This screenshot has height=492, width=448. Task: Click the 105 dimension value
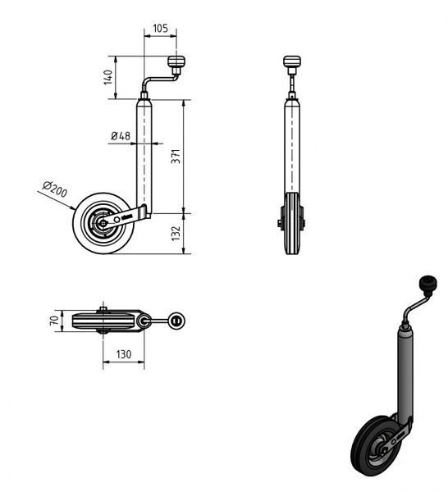click(x=161, y=29)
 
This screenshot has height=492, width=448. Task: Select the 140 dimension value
click(x=107, y=77)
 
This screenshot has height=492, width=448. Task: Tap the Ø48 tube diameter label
click(x=121, y=136)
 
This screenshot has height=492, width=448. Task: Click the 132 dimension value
click(x=176, y=234)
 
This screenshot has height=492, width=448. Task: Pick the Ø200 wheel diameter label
click(x=55, y=189)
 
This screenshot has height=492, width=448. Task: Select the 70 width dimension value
click(x=54, y=321)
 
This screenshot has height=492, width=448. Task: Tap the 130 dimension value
click(x=124, y=354)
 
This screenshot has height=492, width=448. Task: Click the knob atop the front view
click(x=291, y=61)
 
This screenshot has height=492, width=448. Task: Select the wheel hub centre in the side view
click(x=103, y=223)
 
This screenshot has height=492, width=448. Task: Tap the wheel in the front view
click(x=291, y=223)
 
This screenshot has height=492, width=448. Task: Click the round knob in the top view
click(x=176, y=321)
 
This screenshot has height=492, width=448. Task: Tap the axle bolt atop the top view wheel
click(x=103, y=310)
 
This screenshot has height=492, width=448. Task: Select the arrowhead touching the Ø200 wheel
click(x=73, y=207)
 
